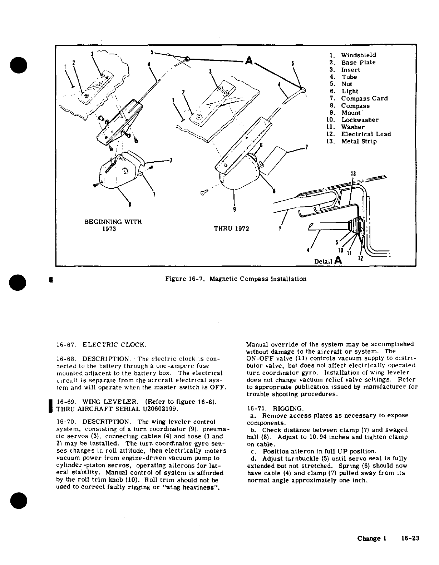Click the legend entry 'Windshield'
coord(358,55)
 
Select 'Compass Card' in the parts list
coord(364,98)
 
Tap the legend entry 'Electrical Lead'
coord(366,134)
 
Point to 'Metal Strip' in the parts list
coord(359,141)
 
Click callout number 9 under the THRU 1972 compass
coord(234,210)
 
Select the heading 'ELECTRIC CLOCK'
coord(114,345)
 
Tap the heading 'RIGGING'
coord(288,408)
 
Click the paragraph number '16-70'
coord(65,422)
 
